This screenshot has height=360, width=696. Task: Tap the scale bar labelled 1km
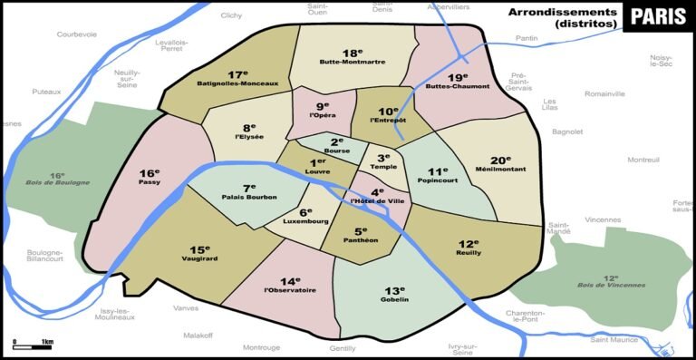click(x=33, y=344)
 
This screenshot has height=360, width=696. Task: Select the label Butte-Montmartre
click(x=353, y=62)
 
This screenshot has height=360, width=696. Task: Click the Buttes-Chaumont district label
click(x=457, y=86)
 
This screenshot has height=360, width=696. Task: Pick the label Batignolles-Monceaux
click(x=238, y=83)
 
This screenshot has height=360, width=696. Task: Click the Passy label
click(x=150, y=182)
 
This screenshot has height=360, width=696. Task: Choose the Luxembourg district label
click(x=305, y=220)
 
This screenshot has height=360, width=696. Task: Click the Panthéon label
click(x=360, y=240)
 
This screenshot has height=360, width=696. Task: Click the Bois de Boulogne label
click(x=58, y=182)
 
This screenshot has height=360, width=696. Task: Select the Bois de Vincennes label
click(x=613, y=285)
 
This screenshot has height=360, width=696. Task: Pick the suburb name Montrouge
click(x=261, y=347)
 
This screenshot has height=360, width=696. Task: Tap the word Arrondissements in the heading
click(x=562, y=12)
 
